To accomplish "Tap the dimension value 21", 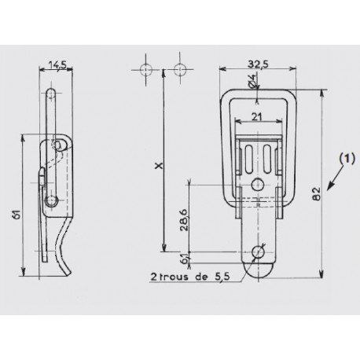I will coord(257,116).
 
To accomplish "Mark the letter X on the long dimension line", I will coord(158,166).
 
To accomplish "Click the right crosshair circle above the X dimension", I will coord(182,69).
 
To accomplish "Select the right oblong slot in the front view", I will coord(266,157).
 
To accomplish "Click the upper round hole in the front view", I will coord(257,184).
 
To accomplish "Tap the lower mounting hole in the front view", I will coord(257,253).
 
